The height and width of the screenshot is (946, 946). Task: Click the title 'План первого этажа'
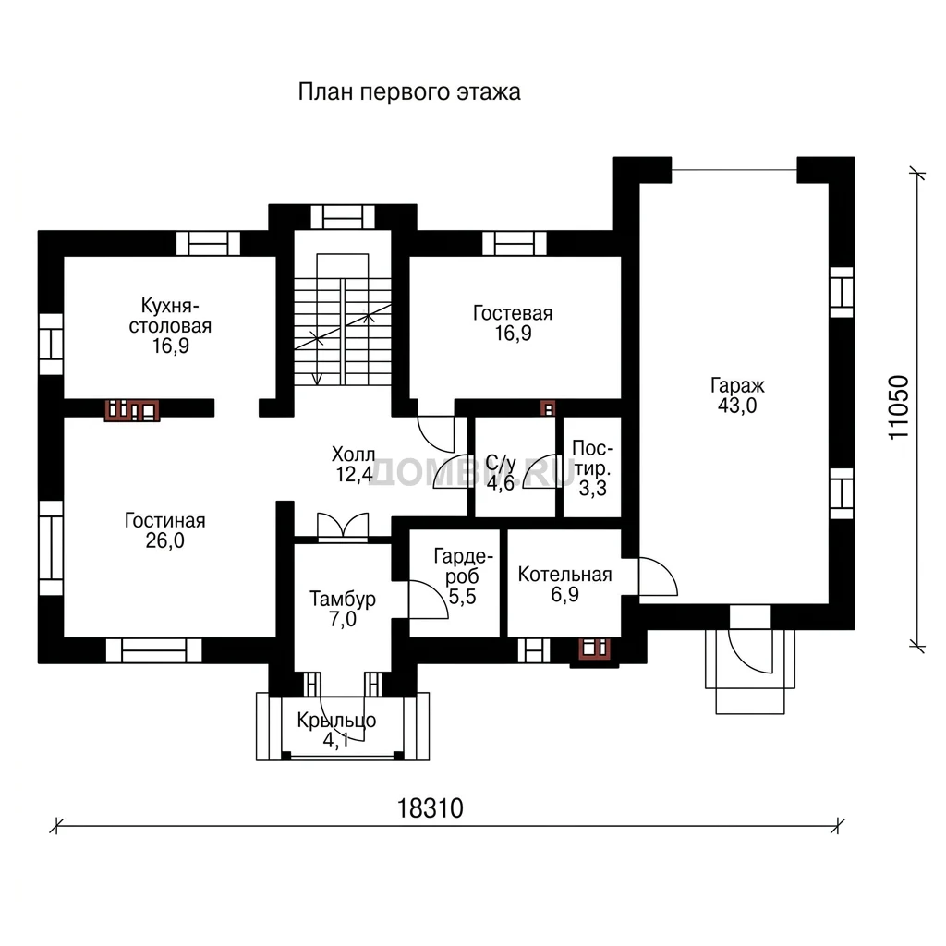(409, 92)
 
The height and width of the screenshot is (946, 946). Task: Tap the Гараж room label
(737, 385)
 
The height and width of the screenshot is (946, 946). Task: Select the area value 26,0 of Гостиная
(164, 540)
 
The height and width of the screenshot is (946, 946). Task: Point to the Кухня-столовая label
(170, 316)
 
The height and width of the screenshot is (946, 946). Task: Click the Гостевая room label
(513, 313)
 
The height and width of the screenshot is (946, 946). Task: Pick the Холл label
(354, 454)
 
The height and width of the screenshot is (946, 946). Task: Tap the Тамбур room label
(343, 599)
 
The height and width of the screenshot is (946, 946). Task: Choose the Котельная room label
(564, 575)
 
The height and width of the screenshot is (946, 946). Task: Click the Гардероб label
(463, 566)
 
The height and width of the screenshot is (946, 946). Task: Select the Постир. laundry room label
(592, 458)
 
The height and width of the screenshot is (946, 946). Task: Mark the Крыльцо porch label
(336, 721)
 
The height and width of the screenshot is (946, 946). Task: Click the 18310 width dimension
(431, 807)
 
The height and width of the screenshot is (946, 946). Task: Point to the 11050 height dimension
(898, 407)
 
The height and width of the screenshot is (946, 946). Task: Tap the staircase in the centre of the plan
(343, 320)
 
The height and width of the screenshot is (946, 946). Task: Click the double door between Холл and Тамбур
(343, 526)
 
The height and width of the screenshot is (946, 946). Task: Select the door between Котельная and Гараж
(658, 577)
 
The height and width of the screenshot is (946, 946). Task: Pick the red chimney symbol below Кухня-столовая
(132, 410)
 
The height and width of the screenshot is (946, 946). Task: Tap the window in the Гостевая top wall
(515, 244)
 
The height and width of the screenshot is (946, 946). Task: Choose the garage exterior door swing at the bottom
(750, 651)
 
